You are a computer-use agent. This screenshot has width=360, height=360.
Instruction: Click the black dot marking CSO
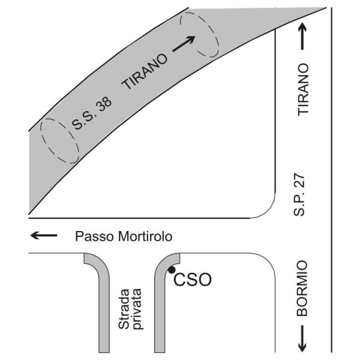click(172, 269)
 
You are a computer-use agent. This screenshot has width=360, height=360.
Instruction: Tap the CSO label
click(193, 280)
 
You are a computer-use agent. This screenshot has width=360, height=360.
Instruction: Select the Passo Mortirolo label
click(124, 236)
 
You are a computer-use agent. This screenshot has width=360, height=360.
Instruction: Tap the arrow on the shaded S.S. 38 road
click(186, 44)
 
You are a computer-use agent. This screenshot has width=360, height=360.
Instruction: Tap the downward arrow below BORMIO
click(304, 338)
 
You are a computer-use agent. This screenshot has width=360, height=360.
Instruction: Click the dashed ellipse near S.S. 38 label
click(59, 139)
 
